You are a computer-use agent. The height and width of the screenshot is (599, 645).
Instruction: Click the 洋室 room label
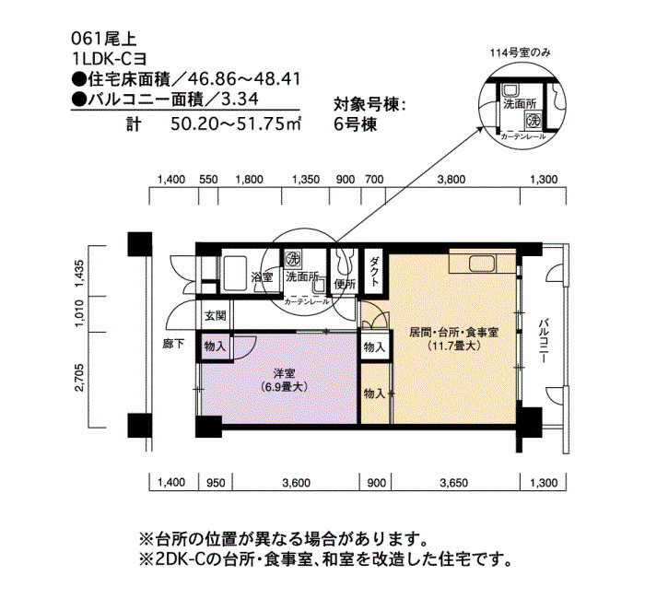(x=284, y=373)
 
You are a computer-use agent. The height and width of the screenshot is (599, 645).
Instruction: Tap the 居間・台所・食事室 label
(x=453, y=333)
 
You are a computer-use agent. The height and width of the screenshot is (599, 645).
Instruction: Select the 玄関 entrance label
(x=216, y=315)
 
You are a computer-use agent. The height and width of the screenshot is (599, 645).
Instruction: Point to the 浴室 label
(x=262, y=276)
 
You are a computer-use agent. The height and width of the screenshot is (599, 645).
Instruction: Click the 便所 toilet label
(x=345, y=284)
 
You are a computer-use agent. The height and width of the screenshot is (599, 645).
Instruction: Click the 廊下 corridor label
(x=173, y=344)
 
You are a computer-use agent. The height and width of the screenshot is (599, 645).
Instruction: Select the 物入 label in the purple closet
(x=215, y=346)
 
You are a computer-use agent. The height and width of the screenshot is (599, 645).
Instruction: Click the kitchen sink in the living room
(x=484, y=264)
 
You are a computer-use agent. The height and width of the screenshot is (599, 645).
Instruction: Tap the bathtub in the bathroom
(x=234, y=273)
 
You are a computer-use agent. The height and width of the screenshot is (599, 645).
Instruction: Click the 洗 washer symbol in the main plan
(x=293, y=259)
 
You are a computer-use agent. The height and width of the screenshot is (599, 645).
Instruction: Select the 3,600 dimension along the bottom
(x=296, y=482)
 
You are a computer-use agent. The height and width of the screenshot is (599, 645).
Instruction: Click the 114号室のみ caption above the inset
(x=520, y=53)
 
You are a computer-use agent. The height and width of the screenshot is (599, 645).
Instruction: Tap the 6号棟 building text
(x=356, y=124)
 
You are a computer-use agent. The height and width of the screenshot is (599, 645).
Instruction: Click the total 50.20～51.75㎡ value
(x=236, y=123)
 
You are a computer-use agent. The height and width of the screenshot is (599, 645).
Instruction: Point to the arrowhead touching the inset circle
(x=479, y=129)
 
